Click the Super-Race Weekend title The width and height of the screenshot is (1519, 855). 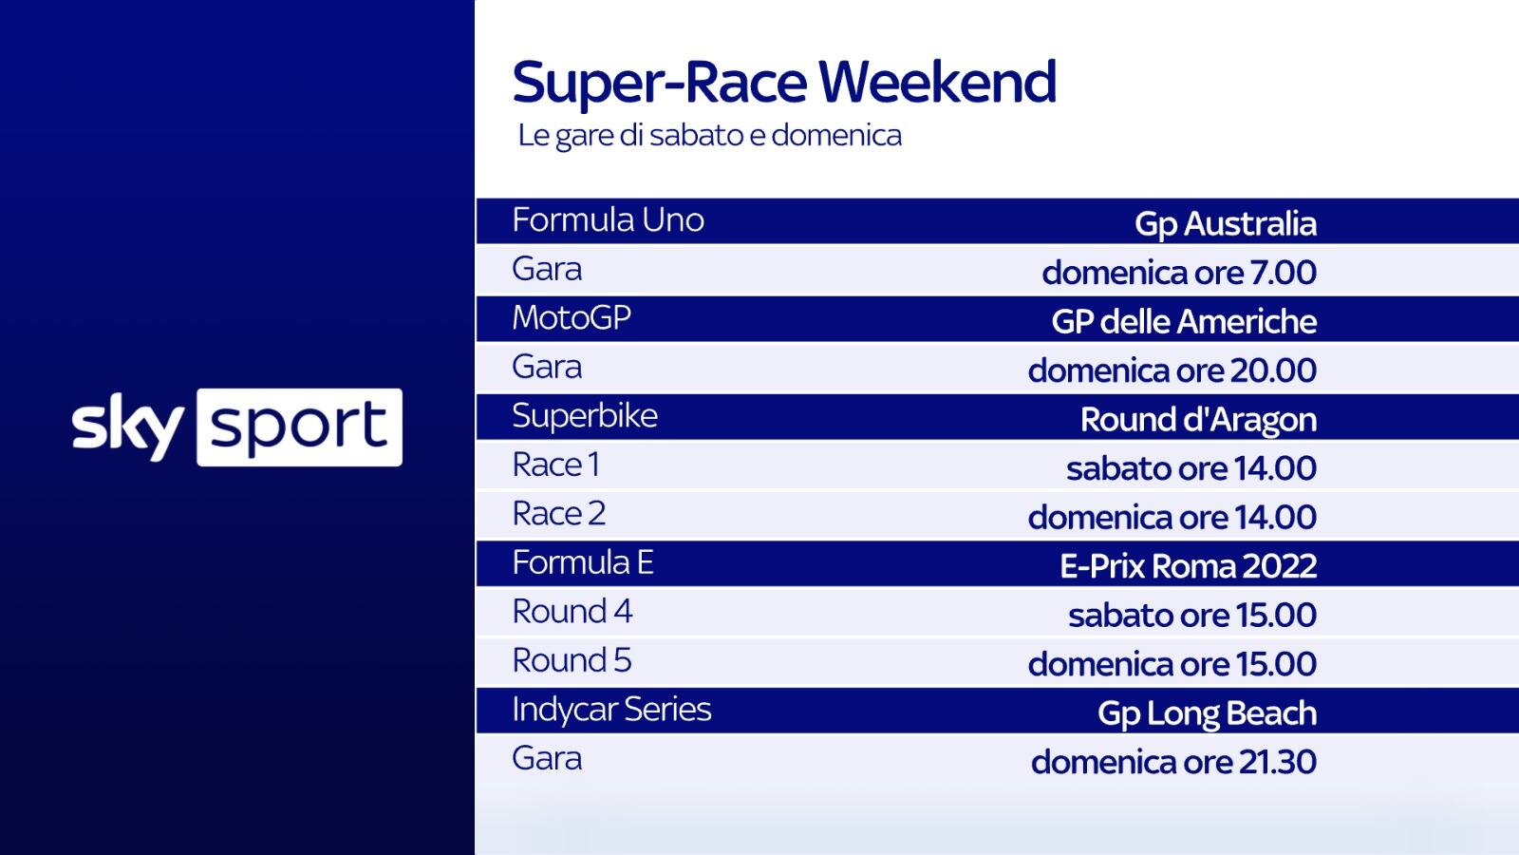point(784,83)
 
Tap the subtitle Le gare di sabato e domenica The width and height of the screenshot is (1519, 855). point(710,136)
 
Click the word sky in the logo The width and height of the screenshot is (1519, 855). point(127,427)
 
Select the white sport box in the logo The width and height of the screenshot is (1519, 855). point(300,427)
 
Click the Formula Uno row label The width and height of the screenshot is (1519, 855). point(609,219)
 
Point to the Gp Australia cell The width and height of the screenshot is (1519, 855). point(1226,224)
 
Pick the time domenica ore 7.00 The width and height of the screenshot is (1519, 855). point(1179,273)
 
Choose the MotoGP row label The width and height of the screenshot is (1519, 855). point(572,317)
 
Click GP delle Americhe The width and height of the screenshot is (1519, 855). point(1184,322)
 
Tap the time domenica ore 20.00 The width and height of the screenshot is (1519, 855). point(1172,370)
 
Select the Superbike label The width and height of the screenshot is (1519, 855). point(585,415)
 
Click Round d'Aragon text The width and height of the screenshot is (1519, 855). point(1199,420)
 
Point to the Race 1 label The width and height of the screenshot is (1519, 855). point(556,465)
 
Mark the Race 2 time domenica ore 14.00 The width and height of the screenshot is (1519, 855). point(1172,518)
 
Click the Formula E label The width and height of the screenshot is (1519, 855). point(583,562)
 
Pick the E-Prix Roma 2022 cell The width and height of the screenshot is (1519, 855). point(1189,566)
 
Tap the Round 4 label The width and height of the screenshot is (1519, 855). point(572,612)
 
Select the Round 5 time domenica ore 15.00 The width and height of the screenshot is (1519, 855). point(1172,664)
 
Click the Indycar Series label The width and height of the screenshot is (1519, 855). point(611,710)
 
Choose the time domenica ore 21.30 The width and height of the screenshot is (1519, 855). point(1173,762)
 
